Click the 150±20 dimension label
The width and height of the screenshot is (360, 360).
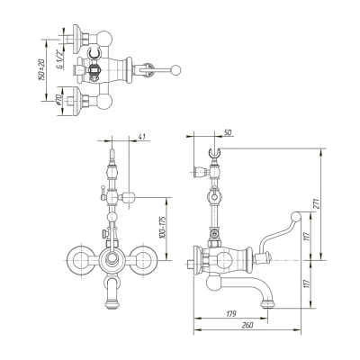41,69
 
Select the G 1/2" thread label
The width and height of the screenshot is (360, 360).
59,59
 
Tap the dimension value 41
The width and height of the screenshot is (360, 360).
142,137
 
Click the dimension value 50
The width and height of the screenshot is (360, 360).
228,132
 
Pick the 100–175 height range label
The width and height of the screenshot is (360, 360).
163,228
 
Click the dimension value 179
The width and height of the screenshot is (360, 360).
232,314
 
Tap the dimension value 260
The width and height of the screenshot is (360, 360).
247,325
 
